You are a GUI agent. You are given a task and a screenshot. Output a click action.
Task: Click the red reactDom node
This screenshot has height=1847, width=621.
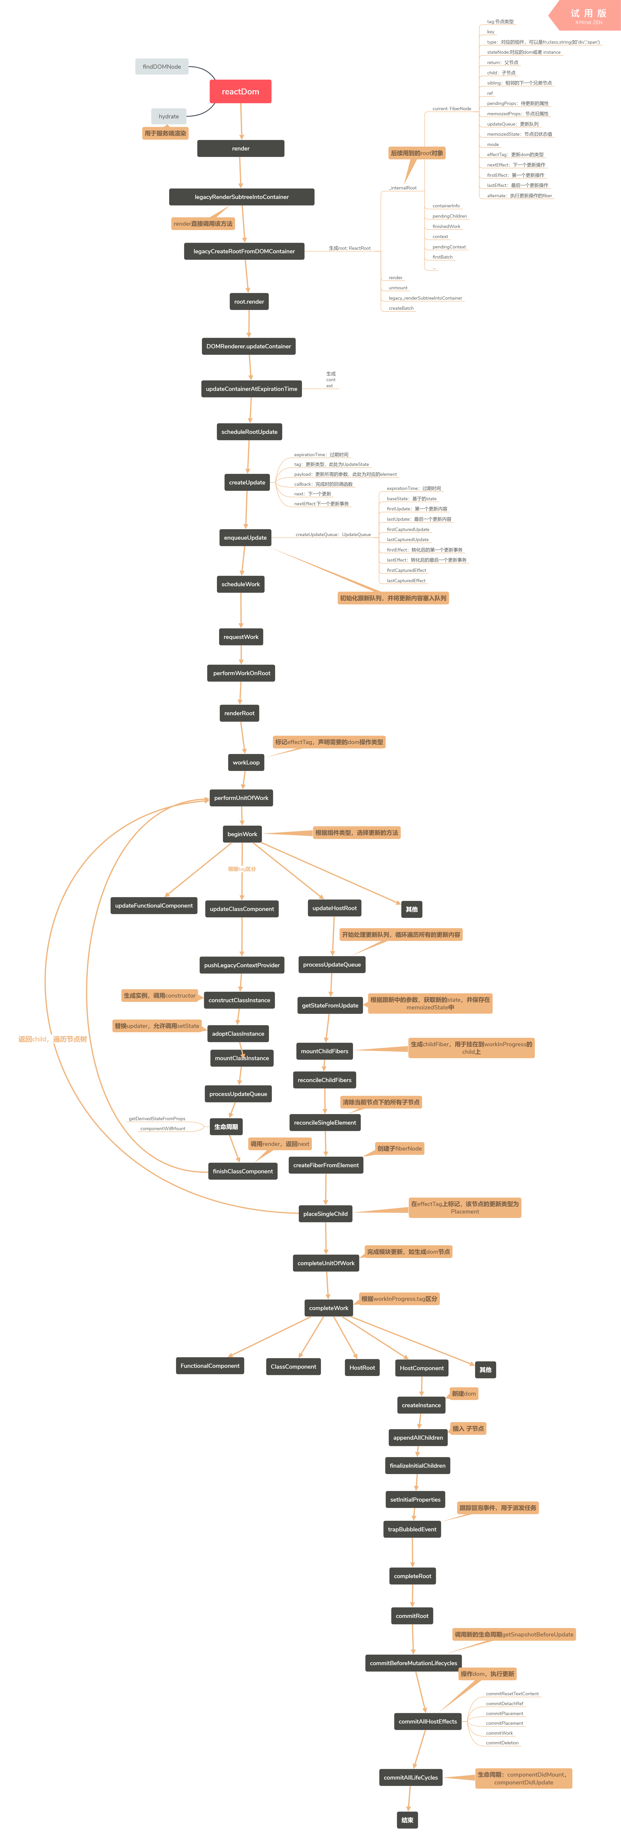coord(240,92)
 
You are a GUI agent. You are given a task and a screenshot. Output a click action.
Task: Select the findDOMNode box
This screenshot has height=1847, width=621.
coord(161,67)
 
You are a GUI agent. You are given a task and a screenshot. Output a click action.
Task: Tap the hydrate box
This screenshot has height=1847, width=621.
coord(168,116)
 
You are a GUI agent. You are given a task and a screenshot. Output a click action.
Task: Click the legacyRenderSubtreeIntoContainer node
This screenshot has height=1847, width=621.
coord(242,196)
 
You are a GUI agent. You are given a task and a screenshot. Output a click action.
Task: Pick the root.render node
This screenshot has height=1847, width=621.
coord(249,302)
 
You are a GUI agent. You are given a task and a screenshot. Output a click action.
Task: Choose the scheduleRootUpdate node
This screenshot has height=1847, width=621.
coord(249,432)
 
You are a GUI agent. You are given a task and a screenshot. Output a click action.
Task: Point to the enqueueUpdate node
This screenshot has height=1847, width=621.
coord(245,538)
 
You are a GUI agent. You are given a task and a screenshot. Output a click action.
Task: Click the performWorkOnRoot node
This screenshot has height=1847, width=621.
coord(242,673)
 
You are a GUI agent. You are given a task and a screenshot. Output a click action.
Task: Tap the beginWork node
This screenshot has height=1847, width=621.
coord(242,834)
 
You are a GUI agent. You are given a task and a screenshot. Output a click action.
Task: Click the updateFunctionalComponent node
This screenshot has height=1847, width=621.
coord(154,905)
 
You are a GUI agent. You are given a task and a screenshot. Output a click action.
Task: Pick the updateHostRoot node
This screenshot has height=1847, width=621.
coord(334,908)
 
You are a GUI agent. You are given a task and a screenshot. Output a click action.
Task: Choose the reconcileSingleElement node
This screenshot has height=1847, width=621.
coord(325,1123)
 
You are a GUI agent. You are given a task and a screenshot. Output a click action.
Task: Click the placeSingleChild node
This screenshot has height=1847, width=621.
coord(326,1214)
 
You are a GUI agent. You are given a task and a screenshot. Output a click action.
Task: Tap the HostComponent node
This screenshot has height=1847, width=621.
coord(422,1368)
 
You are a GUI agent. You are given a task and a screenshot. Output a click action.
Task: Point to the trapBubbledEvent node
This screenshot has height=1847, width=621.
coord(412,1529)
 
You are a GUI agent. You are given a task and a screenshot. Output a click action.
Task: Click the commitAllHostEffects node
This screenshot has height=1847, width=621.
coord(427,1722)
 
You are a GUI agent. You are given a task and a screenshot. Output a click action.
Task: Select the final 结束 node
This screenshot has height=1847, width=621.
coord(407,1820)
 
